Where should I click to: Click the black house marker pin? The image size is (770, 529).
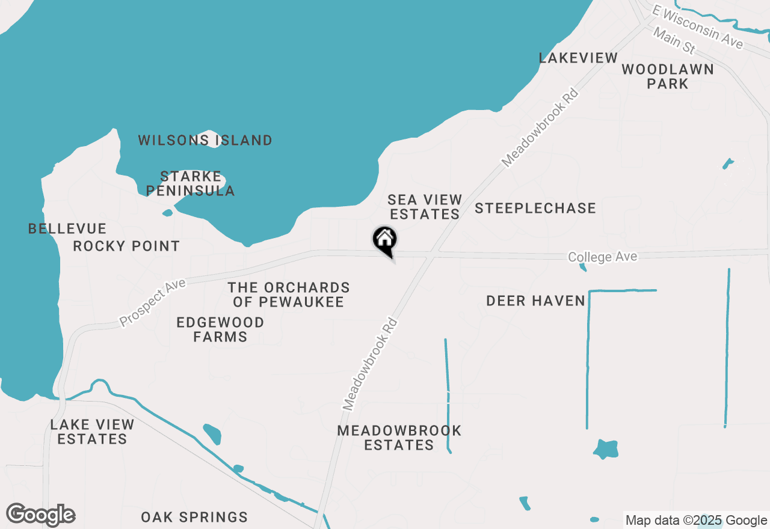pyautogui.click(x=384, y=240)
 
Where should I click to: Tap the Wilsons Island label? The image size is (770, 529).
pyautogui.click(x=205, y=141)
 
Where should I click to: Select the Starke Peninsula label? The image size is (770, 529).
pyautogui.click(x=191, y=184)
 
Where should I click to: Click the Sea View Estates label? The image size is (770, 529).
pyautogui.click(x=425, y=207)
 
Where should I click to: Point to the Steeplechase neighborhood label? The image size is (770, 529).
pyautogui.click(x=535, y=209)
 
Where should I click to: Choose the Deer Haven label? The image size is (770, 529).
pyautogui.click(x=535, y=301)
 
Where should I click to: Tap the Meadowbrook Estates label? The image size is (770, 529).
pyautogui.click(x=399, y=438)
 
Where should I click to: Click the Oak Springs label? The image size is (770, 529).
pyautogui.click(x=194, y=517)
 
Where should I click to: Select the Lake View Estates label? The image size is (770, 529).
pyautogui.click(x=92, y=432)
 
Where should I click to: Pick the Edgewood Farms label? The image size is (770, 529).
pyautogui.click(x=220, y=329)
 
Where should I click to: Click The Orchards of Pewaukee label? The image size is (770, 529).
pyautogui.click(x=289, y=295)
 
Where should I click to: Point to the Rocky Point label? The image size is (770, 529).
pyautogui.click(x=126, y=246)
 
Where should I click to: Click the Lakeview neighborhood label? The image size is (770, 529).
pyautogui.click(x=578, y=58)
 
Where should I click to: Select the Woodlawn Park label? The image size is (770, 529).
pyautogui.click(x=668, y=76)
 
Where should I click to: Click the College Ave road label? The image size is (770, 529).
pyautogui.click(x=602, y=257)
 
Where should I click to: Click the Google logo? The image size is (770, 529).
pyautogui.click(x=41, y=515)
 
